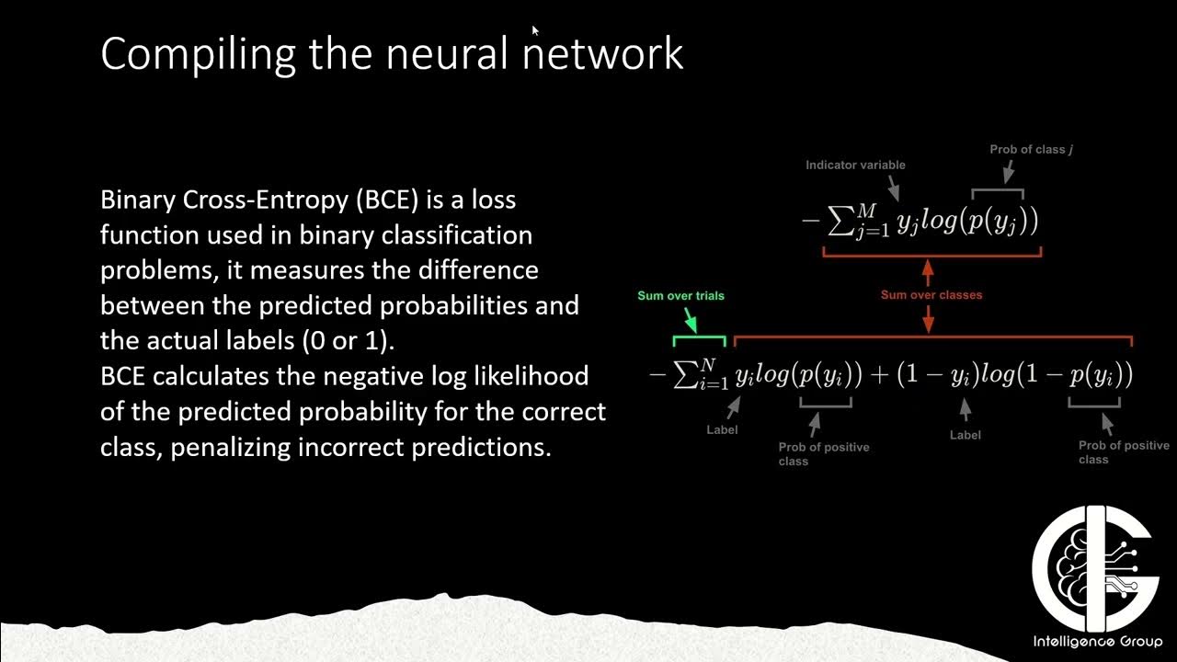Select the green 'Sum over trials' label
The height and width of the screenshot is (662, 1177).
[681, 296]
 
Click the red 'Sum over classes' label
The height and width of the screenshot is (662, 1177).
[931, 295]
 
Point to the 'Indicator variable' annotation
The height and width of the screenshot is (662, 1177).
[855, 165]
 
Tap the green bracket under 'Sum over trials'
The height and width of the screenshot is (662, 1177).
[699, 340]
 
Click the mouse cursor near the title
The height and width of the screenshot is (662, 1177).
[535, 29]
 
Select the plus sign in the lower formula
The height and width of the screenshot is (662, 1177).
[876, 375]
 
